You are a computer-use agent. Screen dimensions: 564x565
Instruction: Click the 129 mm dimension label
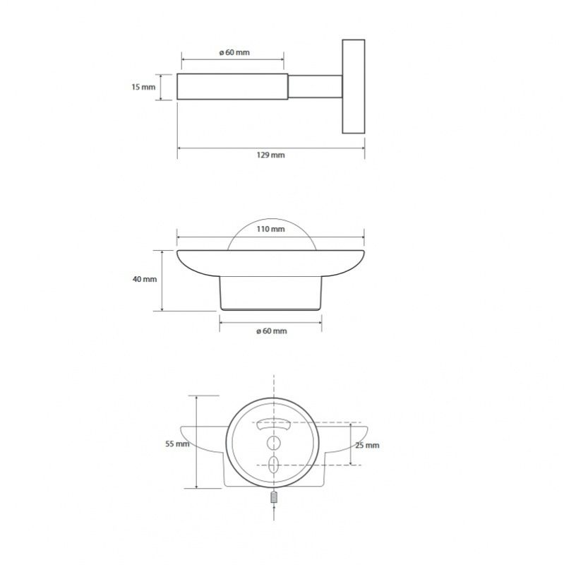[x=270, y=155]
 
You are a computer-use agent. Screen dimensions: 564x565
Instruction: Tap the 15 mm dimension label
[x=143, y=87]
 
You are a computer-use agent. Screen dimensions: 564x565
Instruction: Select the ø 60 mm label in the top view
[x=234, y=52]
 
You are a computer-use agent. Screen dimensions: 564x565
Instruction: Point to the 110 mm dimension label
[x=270, y=229]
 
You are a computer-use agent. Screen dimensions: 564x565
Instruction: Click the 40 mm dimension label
[x=145, y=279]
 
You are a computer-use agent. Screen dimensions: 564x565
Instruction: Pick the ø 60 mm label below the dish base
[x=272, y=331]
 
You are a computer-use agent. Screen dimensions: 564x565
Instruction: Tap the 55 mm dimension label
[x=177, y=444]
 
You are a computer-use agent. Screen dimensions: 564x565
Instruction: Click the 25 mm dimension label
[x=367, y=446]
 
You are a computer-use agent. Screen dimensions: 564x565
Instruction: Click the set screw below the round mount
[x=274, y=498]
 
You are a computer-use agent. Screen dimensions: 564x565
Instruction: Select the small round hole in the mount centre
[x=274, y=443]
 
